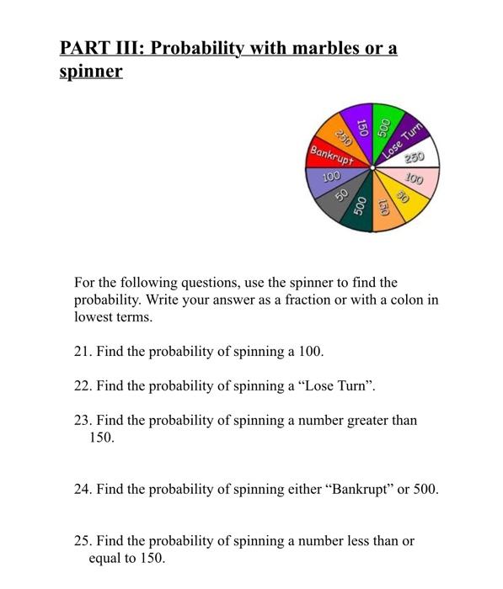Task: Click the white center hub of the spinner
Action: pyautogui.click(x=373, y=167)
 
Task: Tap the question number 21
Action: pyautogui.click(x=82, y=352)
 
